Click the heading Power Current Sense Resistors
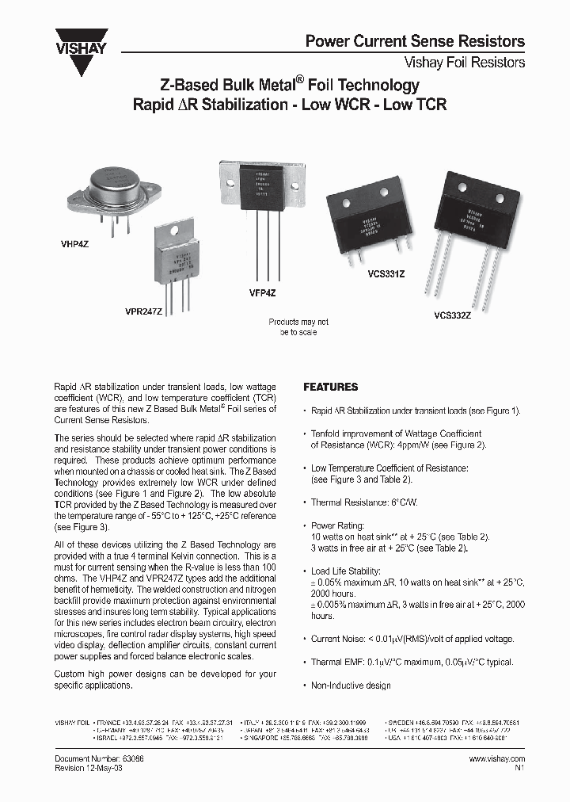415,41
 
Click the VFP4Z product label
262,293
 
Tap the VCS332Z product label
452,315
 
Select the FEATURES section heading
331,388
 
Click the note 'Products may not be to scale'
298,327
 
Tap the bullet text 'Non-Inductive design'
351,686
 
